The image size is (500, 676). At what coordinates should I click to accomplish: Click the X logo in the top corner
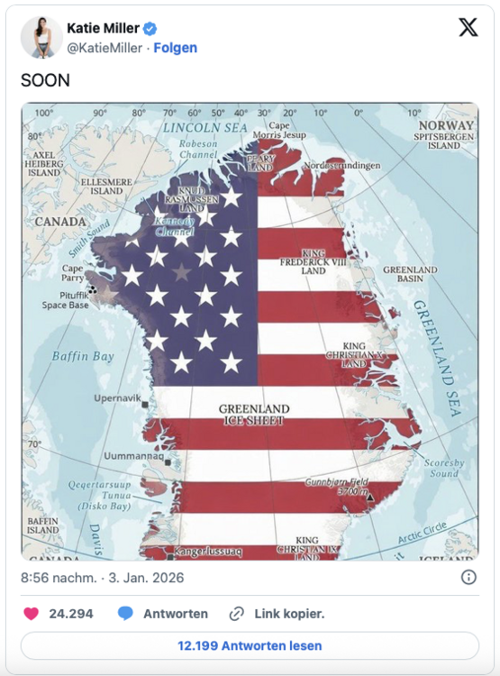point(468,28)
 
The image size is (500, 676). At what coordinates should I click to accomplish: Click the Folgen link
point(175,48)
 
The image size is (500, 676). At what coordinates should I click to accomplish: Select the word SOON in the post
point(46,80)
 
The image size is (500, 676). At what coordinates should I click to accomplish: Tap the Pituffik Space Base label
point(65,299)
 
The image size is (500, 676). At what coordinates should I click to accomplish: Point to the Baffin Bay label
point(83,356)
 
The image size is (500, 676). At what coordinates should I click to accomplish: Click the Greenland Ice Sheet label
point(254,415)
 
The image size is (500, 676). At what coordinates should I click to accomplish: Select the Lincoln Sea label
point(205,128)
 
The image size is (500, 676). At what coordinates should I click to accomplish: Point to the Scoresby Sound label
point(443,467)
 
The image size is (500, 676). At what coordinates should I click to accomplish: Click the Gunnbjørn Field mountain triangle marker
point(369,496)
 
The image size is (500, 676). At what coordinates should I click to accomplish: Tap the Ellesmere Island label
point(101,186)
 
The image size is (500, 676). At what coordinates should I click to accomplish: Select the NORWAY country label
point(444,126)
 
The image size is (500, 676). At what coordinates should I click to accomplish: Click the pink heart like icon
point(31,614)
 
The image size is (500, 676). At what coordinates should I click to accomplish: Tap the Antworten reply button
point(163,614)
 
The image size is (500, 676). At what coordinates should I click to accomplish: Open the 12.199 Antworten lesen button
point(250,645)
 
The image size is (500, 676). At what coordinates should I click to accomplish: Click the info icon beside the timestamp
point(468,577)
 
